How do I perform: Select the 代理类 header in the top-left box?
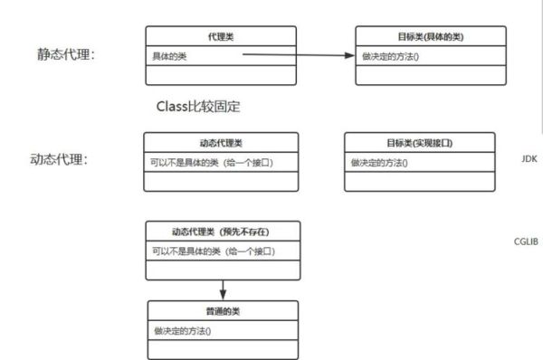point(221,36)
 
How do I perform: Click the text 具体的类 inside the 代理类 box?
point(171,55)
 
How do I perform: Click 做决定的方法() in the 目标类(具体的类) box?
point(391,56)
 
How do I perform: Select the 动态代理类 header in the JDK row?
point(221,143)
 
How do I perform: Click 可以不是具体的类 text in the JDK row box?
point(212,163)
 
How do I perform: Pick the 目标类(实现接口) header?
point(419,143)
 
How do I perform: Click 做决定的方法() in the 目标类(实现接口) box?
point(379,163)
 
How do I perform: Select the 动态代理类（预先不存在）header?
point(221,231)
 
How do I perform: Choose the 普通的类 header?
point(221,310)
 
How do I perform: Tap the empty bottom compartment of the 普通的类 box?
point(221,349)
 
